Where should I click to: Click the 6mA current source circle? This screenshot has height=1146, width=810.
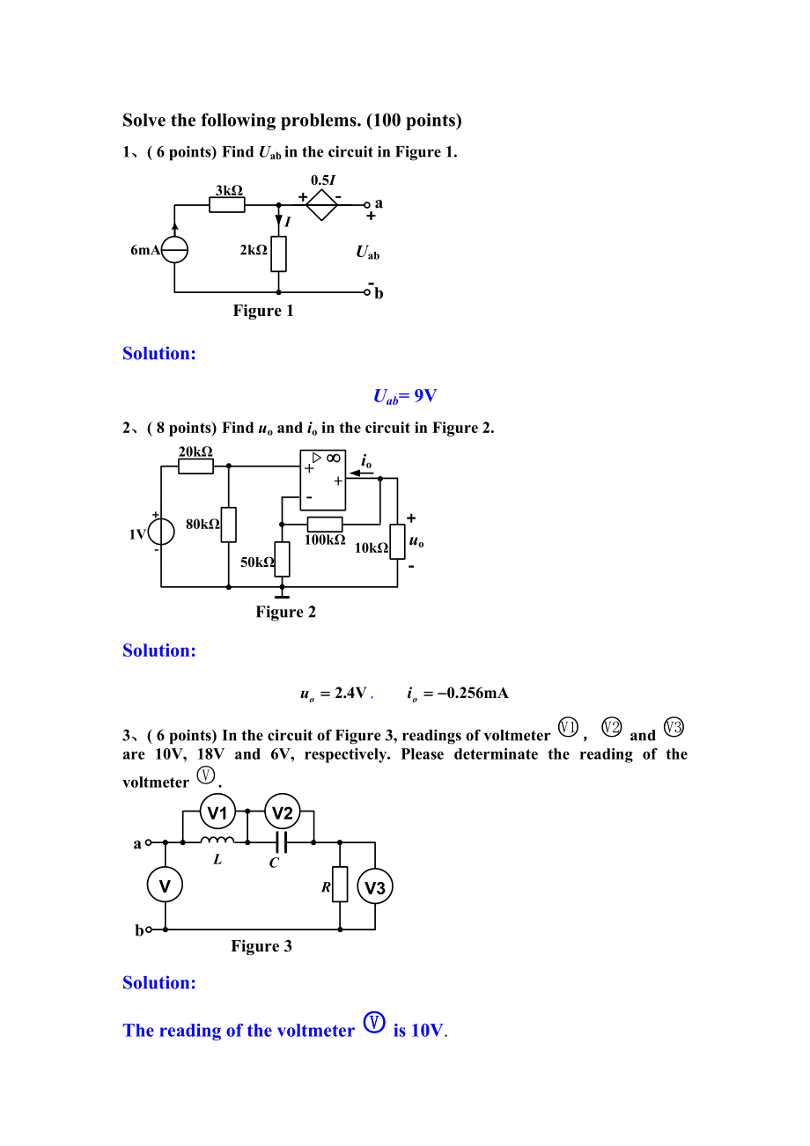coord(174,250)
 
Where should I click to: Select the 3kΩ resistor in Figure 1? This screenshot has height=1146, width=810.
coord(226,204)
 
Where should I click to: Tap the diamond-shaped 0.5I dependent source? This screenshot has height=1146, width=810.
coord(321,204)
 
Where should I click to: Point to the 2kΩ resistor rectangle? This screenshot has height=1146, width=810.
coord(278,253)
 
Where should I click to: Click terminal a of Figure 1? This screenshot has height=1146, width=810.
coord(367,204)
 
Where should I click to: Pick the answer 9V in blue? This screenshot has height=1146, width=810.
coord(425,395)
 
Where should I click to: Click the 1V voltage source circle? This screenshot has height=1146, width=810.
coord(161,531)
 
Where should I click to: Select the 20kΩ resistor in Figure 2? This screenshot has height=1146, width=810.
coord(196,466)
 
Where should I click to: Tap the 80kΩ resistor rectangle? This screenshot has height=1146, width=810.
coord(229,525)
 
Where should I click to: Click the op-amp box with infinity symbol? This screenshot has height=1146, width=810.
coord(323,480)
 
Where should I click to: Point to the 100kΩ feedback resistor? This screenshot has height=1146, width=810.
coord(325,524)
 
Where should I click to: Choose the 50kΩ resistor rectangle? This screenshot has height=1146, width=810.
coord(282,559)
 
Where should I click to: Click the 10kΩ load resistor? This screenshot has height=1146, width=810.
coord(397,541)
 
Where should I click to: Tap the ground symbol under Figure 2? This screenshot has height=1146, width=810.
coord(282,597)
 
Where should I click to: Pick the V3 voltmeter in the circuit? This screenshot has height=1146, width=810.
coord(375,887)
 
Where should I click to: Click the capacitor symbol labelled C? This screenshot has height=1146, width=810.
coord(282,841)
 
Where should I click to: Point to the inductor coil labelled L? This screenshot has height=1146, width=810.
coord(217,840)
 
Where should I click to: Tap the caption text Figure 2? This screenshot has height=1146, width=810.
coord(285,612)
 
